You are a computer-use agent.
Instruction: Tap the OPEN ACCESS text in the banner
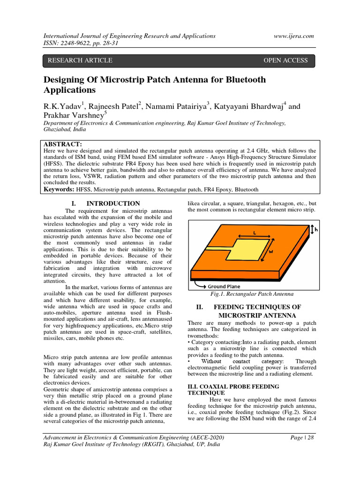285,60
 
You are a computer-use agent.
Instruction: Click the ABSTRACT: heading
63,144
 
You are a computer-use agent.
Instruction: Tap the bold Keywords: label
60,189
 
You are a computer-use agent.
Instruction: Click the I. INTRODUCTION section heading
105,203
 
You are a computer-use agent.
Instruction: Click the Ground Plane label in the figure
224,286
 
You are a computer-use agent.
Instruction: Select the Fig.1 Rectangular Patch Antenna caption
251,294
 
